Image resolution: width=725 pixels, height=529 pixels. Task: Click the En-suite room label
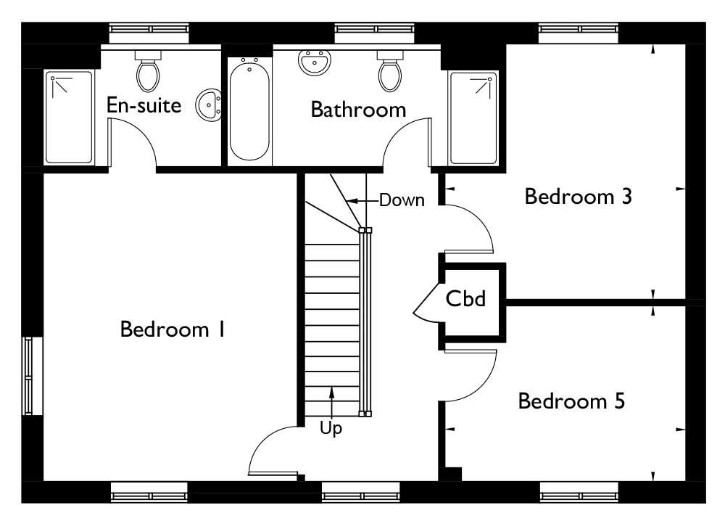(144, 105)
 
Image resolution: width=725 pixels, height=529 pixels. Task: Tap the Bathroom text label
(358, 110)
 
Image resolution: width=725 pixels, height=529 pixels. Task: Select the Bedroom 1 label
(173, 329)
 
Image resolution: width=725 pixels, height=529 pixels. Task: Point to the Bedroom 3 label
(578, 196)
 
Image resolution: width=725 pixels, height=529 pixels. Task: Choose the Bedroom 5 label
(571, 401)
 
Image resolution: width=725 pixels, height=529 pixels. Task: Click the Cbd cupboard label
(465, 298)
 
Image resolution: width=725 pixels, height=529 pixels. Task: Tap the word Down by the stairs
(402, 200)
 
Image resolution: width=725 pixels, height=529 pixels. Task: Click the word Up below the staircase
(331, 429)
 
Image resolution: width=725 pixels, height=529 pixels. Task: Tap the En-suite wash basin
(209, 105)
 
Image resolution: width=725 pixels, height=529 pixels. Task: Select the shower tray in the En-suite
(69, 118)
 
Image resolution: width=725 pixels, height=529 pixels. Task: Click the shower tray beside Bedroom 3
(473, 118)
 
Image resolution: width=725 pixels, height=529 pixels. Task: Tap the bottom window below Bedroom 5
(579, 492)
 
